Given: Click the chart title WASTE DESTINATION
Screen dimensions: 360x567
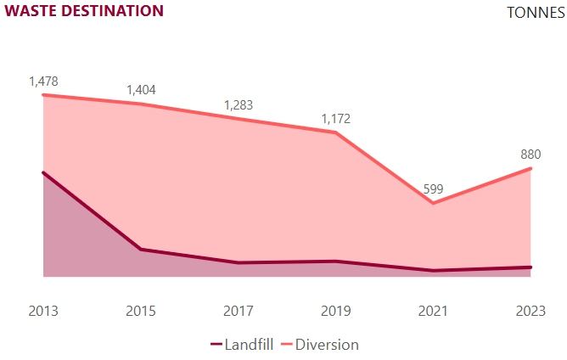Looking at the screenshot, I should [84, 11].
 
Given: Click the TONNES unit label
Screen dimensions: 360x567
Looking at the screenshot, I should [535, 13].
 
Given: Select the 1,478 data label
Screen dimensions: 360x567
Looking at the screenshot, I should [43, 81].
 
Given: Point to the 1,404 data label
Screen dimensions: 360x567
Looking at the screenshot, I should [141, 90].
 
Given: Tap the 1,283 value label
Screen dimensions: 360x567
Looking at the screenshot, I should [239, 105].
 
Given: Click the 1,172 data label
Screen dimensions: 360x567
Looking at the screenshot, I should [335, 119].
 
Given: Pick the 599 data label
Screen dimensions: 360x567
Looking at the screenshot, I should [433, 188].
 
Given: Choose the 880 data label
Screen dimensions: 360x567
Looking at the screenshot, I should [531, 155].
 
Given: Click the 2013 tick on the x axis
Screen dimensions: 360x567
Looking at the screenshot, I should [43, 312].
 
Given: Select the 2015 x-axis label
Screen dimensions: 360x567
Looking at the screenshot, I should [141, 312].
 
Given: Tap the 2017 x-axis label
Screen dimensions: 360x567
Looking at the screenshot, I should [239, 312].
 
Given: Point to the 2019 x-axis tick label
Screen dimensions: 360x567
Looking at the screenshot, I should [335, 312].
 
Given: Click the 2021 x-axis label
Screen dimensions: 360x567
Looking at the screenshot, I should [433, 312].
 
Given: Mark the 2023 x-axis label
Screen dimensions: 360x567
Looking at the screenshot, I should [531, 312].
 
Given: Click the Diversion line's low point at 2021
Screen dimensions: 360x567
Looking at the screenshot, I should [433, 203].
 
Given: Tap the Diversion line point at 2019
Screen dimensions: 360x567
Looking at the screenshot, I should [336, 132].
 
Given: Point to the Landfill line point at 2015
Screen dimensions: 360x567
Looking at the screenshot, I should [141, 250].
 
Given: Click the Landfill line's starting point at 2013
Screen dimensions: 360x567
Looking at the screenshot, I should [43, 172].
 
